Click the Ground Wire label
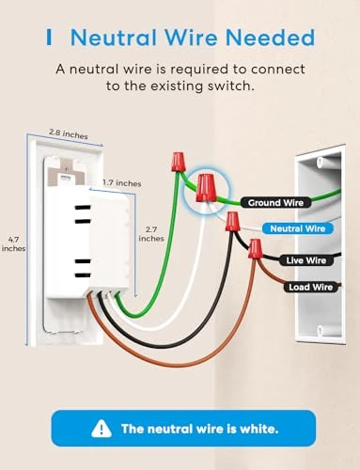coord(277,202)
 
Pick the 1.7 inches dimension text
coord(121,183)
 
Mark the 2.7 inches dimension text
coord(151,233)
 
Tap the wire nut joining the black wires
coord(231,222)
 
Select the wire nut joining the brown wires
coord(253,249)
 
